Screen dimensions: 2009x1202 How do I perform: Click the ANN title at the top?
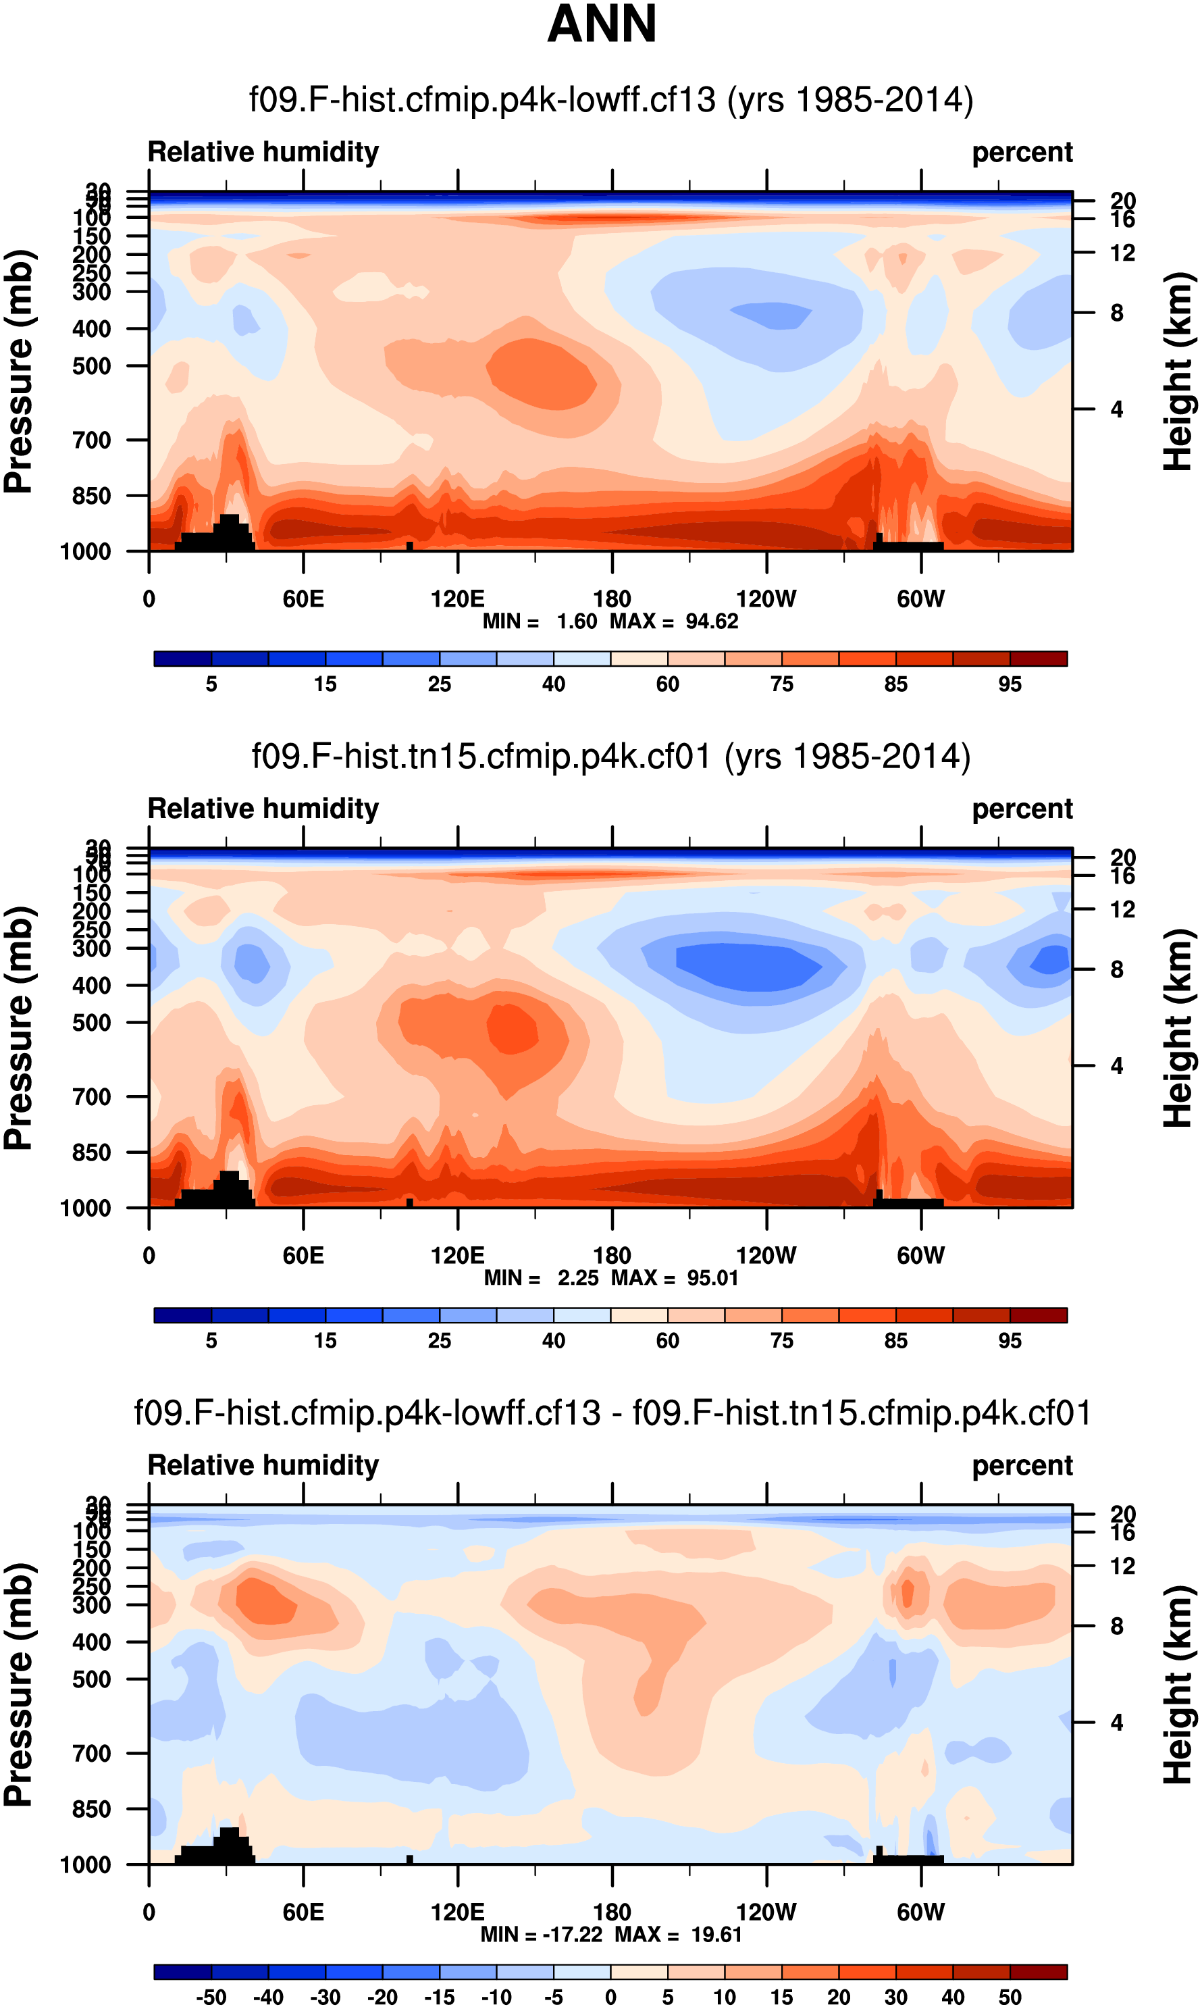pyautogui.click(x=602, y=24)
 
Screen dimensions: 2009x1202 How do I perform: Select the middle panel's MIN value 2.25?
pyautogui.click(x=577, y=1278)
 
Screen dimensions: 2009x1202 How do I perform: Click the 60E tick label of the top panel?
pyautogui.click(x=303, y=599)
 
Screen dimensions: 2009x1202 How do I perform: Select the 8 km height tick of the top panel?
pyautogui.click(x=1116, y=313)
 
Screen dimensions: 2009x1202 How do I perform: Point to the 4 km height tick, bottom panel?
pyautogui.click(x=1116, y=1722)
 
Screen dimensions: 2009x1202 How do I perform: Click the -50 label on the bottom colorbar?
pyautogui.click(x=211, y=1997)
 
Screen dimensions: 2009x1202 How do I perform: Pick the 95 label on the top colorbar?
pyautogui.click(x=1010, y=684)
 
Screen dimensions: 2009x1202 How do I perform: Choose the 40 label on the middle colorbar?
pyautogui.click(x=553, y=1341)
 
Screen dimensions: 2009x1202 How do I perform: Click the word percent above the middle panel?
pyautogui.click(x=1022, y=809)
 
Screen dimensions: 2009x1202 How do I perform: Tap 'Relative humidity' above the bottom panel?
pyautogui.click(x=263, y=1465)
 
